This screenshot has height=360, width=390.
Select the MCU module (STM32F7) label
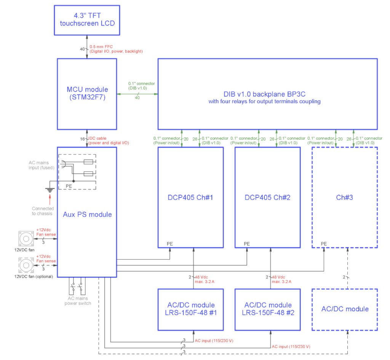[x=87, y=93]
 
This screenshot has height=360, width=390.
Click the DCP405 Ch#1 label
[x=190, y=198]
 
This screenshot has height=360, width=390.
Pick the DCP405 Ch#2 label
[x=267, y=198]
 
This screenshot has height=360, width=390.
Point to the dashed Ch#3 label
[x=345, y=198]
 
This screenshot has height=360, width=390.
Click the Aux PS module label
[x=87, y=214]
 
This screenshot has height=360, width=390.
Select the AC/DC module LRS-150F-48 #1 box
[x=190, y=309]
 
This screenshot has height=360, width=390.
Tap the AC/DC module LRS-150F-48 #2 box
[x=267, y=309]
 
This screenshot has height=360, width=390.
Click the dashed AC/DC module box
[x=345, y=309]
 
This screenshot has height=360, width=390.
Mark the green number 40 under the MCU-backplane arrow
[x=137, y=98]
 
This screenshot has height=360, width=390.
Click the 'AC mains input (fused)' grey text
[x=42, y=165]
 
